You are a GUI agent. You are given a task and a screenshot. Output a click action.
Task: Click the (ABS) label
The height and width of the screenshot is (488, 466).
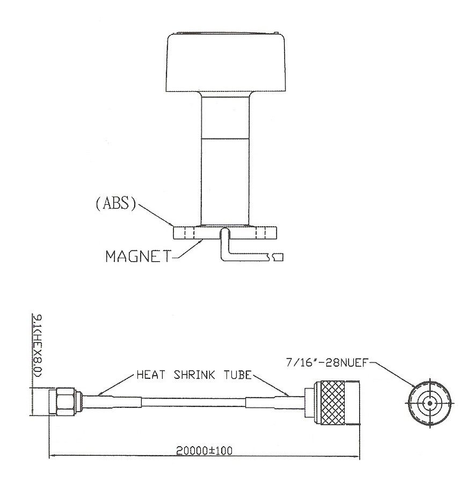(x=115, y=204)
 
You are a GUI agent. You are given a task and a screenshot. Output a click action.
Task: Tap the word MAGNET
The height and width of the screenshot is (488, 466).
(x=139, y=256)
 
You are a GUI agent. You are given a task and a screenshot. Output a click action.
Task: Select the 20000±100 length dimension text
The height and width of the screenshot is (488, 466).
(x=204, y=451)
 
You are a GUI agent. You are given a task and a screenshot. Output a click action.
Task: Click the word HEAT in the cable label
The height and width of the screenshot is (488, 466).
(x=151, y=375)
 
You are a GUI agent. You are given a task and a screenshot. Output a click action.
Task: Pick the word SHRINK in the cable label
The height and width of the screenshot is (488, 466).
(x=194, y=375)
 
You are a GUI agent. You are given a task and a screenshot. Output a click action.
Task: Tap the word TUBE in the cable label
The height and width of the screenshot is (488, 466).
(x=237, y=375)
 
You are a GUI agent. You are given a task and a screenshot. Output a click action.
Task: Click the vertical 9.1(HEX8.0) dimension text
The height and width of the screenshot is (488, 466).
(x=38, y=346)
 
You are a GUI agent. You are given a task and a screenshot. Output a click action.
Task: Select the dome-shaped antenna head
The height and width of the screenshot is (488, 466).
(x=225, y=62)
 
